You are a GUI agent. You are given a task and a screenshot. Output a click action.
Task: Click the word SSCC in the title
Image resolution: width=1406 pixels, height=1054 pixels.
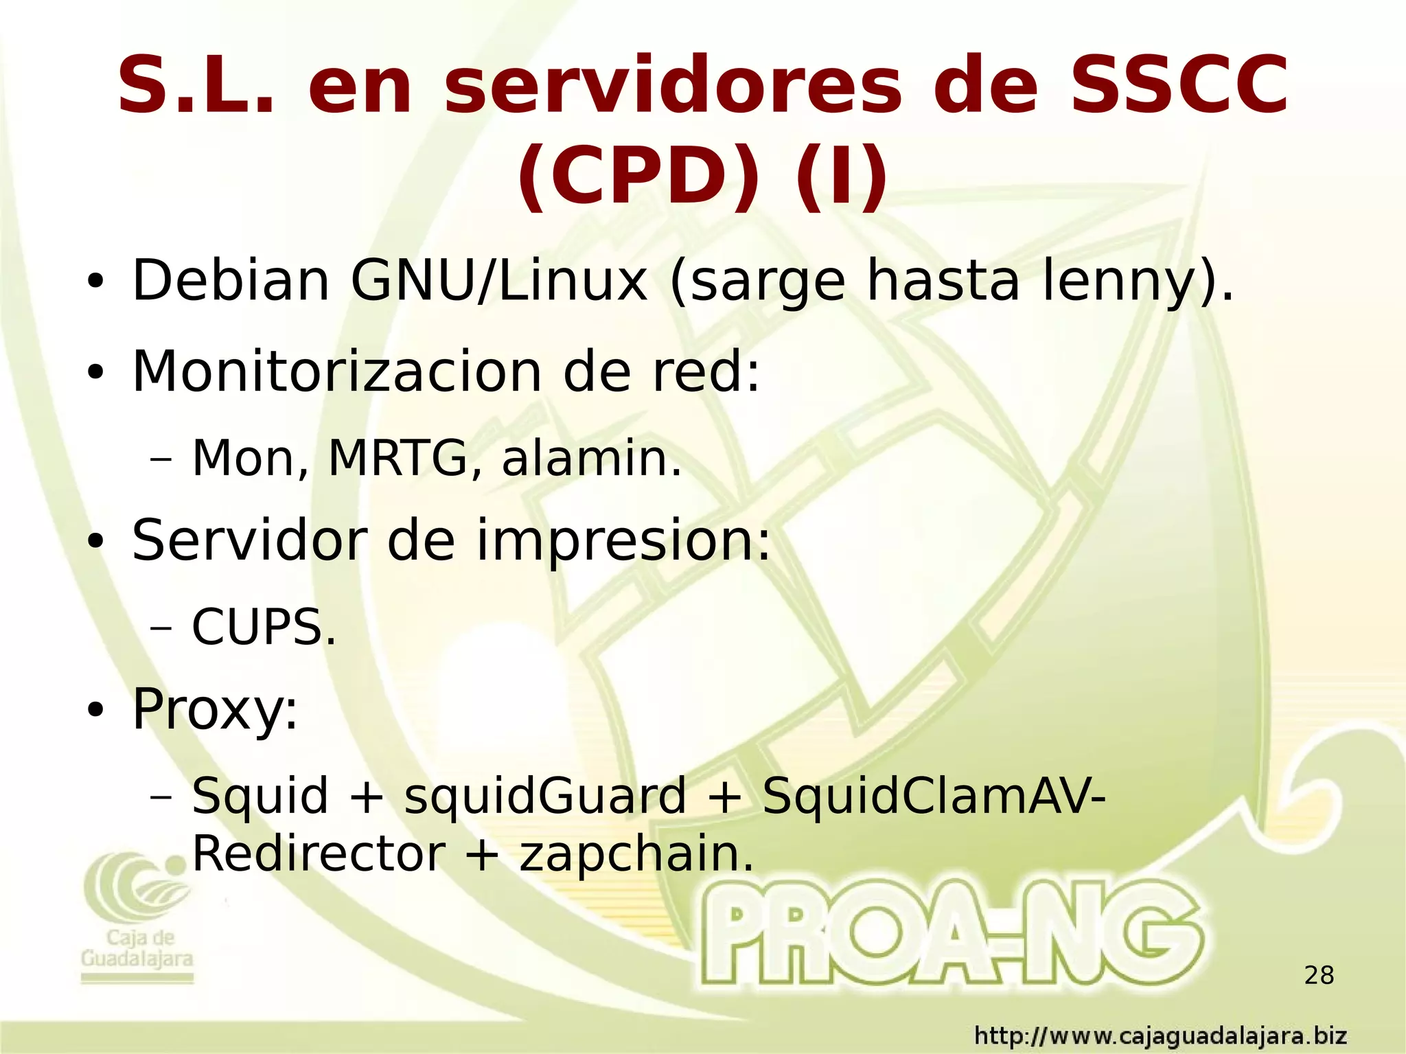[1179, 85]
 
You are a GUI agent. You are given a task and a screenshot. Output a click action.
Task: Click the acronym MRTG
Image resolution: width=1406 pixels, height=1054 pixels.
[397, 458]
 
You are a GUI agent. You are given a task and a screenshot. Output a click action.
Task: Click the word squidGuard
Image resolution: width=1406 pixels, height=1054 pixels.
[545, 796]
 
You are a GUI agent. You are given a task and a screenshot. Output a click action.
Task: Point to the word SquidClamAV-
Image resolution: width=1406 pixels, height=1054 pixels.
[934, 796]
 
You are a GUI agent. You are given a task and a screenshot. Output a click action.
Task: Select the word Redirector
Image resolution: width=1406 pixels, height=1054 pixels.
[319, 854]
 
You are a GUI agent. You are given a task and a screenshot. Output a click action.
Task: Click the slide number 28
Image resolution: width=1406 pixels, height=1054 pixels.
[1319, 975]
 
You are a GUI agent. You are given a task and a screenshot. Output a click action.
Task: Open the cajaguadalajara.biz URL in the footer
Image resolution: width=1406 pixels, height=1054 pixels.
[1161, 1035]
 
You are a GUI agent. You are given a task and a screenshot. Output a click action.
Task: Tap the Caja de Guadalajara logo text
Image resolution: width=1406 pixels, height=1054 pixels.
[137, 948]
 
